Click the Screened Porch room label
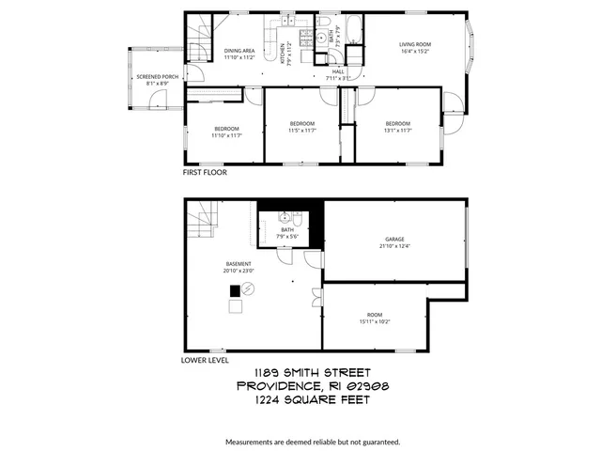tap(158, 76)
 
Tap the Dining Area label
tap(239, 51)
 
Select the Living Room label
tap(414, 42)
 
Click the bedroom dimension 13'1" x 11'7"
tap(397, 131)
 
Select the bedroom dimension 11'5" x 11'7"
tap(301, 131)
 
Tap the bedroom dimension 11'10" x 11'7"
tap(226, 135)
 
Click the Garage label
tap(394, 240)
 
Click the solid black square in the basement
tap(234, 290)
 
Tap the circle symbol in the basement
tap(248, 288)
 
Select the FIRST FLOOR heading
tap(204, 173)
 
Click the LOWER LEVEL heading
tap(205, 360)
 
